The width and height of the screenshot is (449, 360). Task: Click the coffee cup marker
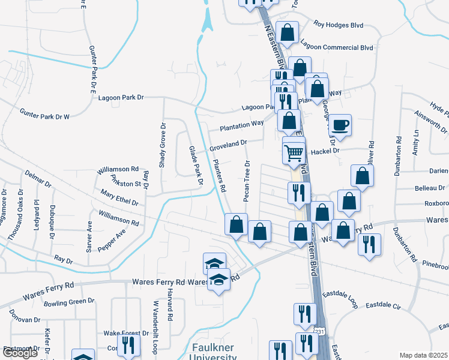tap(340, 125)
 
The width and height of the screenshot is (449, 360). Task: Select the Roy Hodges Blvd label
tap(339, 25)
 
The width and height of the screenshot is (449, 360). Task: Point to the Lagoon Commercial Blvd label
tap(337, 47)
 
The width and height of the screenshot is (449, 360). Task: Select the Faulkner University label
tap(213, 352)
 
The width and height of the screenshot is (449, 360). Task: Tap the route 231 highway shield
tap(320, 331)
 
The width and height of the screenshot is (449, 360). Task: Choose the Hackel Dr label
tap(325, 151)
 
